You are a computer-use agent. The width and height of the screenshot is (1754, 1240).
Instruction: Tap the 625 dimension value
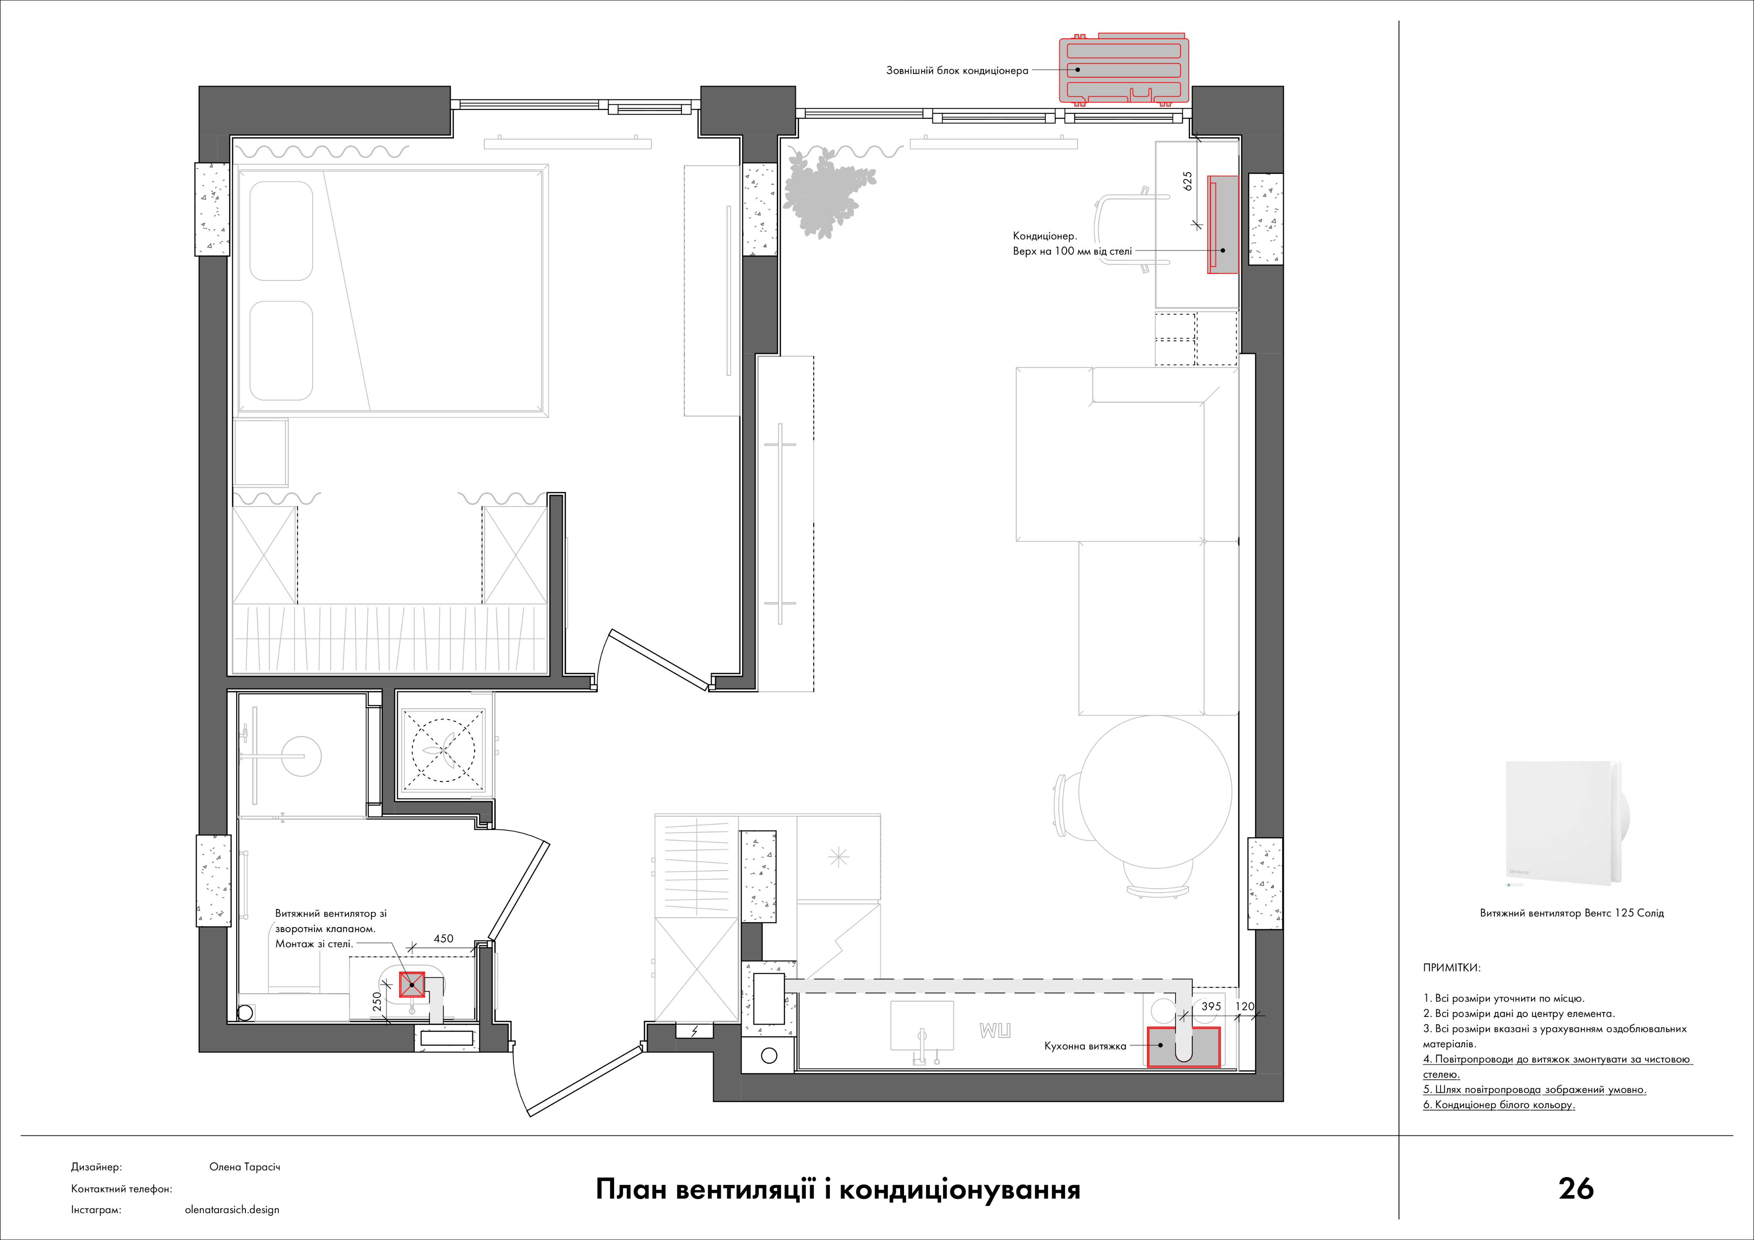(x=1187, y=181)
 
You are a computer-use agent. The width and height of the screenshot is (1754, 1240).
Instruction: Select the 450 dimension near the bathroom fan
(x=443, y=938)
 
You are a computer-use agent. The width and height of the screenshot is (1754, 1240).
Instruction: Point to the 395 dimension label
(x=1211, y=1006)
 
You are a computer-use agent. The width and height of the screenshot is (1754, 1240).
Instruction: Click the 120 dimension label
(x=1245, y=1006)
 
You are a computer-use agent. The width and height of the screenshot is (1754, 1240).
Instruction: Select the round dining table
(x=1155, y=792)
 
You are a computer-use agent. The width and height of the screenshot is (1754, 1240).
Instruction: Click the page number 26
(x=1576, y=1188)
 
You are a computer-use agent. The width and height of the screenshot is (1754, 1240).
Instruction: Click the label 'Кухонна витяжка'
(x=1085, y=1046)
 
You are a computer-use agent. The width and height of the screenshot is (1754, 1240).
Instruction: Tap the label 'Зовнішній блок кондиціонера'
(x=957, y=70)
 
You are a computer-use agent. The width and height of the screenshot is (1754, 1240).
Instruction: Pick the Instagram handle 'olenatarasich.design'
(x=232, y=1210)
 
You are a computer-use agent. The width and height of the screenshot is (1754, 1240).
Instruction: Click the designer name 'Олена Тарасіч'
(x=245, y=1167)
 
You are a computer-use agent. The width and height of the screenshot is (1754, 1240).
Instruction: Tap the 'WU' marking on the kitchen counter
(x=995, y=1031)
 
